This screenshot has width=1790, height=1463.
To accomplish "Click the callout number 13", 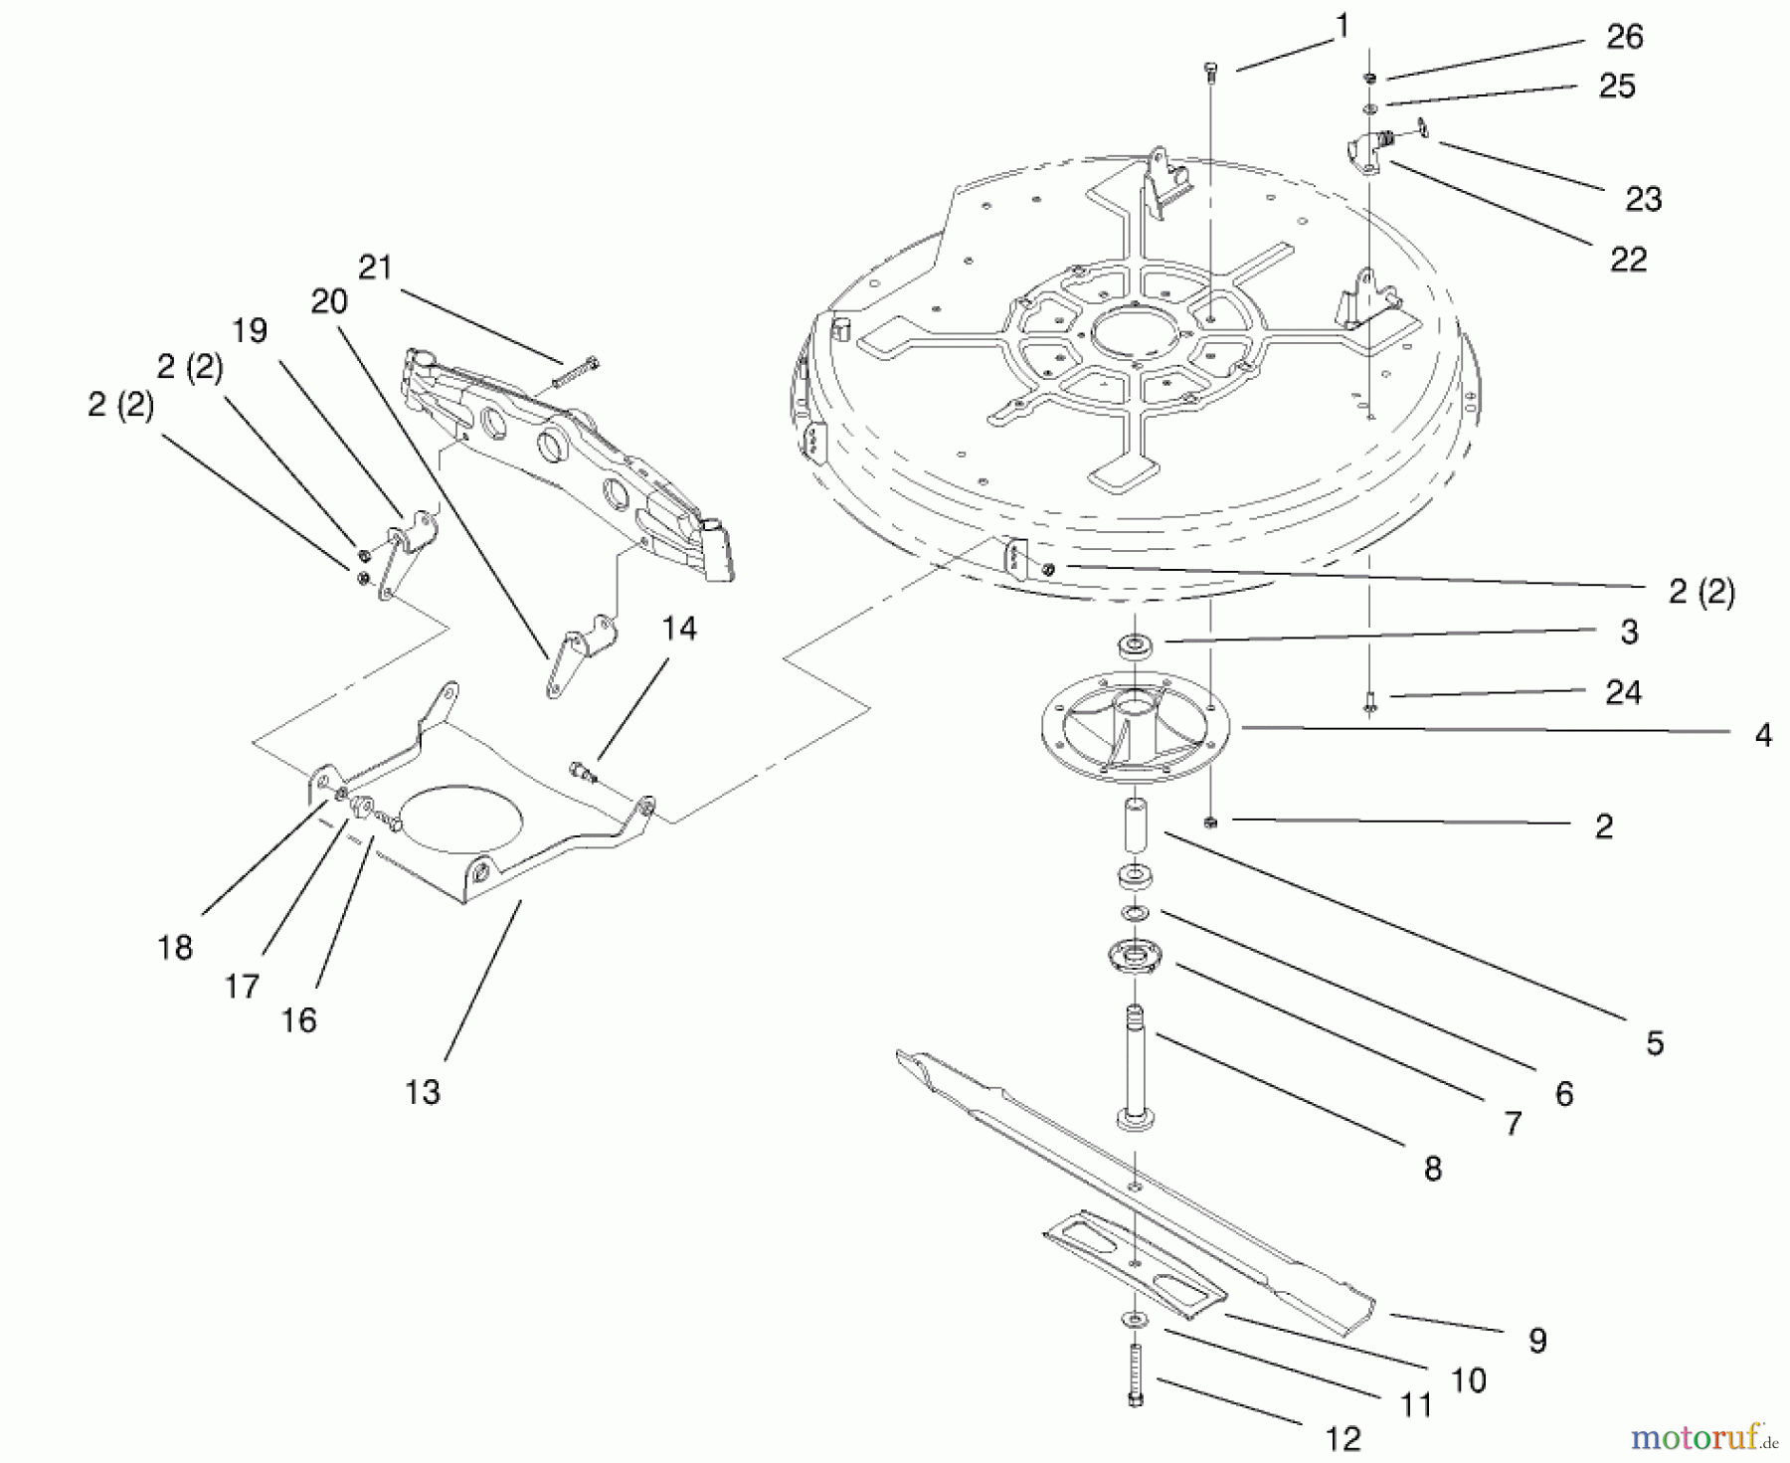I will click(422, 1092).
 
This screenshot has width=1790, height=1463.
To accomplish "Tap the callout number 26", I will click(1625, 37).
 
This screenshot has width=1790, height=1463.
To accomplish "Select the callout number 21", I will click(375, 268).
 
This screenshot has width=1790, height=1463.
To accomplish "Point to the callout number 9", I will click(1537, 1341).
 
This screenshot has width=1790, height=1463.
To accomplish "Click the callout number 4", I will click(1763, 735).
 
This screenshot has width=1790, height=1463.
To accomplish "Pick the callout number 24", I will click(1623, 692).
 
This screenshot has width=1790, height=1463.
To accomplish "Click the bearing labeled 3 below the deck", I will click(1134, 646).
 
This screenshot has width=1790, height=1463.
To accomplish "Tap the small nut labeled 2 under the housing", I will click(1210, 822).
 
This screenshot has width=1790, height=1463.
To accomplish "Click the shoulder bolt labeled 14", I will click(583, 771).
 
